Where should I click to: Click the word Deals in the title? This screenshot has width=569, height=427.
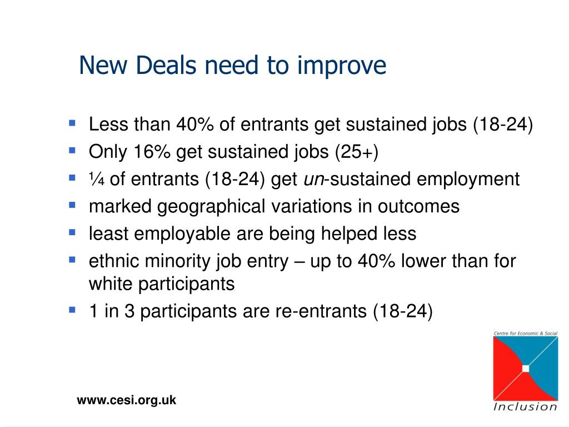pyautogui.click(x=167, y=66)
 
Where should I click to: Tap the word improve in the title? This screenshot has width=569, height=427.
pyautogui.click(x=342, y=66)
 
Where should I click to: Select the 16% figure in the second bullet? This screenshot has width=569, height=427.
pyautogui.click(x=152, y=151)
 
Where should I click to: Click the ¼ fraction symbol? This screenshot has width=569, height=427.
pyautogui.click(x=97, y=178)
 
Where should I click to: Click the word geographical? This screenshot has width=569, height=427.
pyautogui.click(x=211, y=207)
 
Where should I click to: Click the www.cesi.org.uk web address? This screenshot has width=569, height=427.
pyautogui.click(x=126, y=400)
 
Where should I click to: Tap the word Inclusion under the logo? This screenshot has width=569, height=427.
pyautogui.click(x=525, y=406)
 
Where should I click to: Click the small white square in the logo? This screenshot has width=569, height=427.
pyautogui.click(x=526, y=369)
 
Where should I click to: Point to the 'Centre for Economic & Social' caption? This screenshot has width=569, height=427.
pyautogui.click(x=526, y=333)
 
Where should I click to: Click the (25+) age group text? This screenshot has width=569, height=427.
pyautogui.click(x=356, y=152)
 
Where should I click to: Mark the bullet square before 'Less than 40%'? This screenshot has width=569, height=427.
pyautogui.click(x=72, y=123)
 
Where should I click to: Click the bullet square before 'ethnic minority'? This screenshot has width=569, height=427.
pyautogui.click(x=72, y=260)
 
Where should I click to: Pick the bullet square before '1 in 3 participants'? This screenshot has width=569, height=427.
pyautogui.click(x=72, y=310)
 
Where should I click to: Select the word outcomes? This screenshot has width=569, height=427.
pyautogui.click(x=418, y=207)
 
